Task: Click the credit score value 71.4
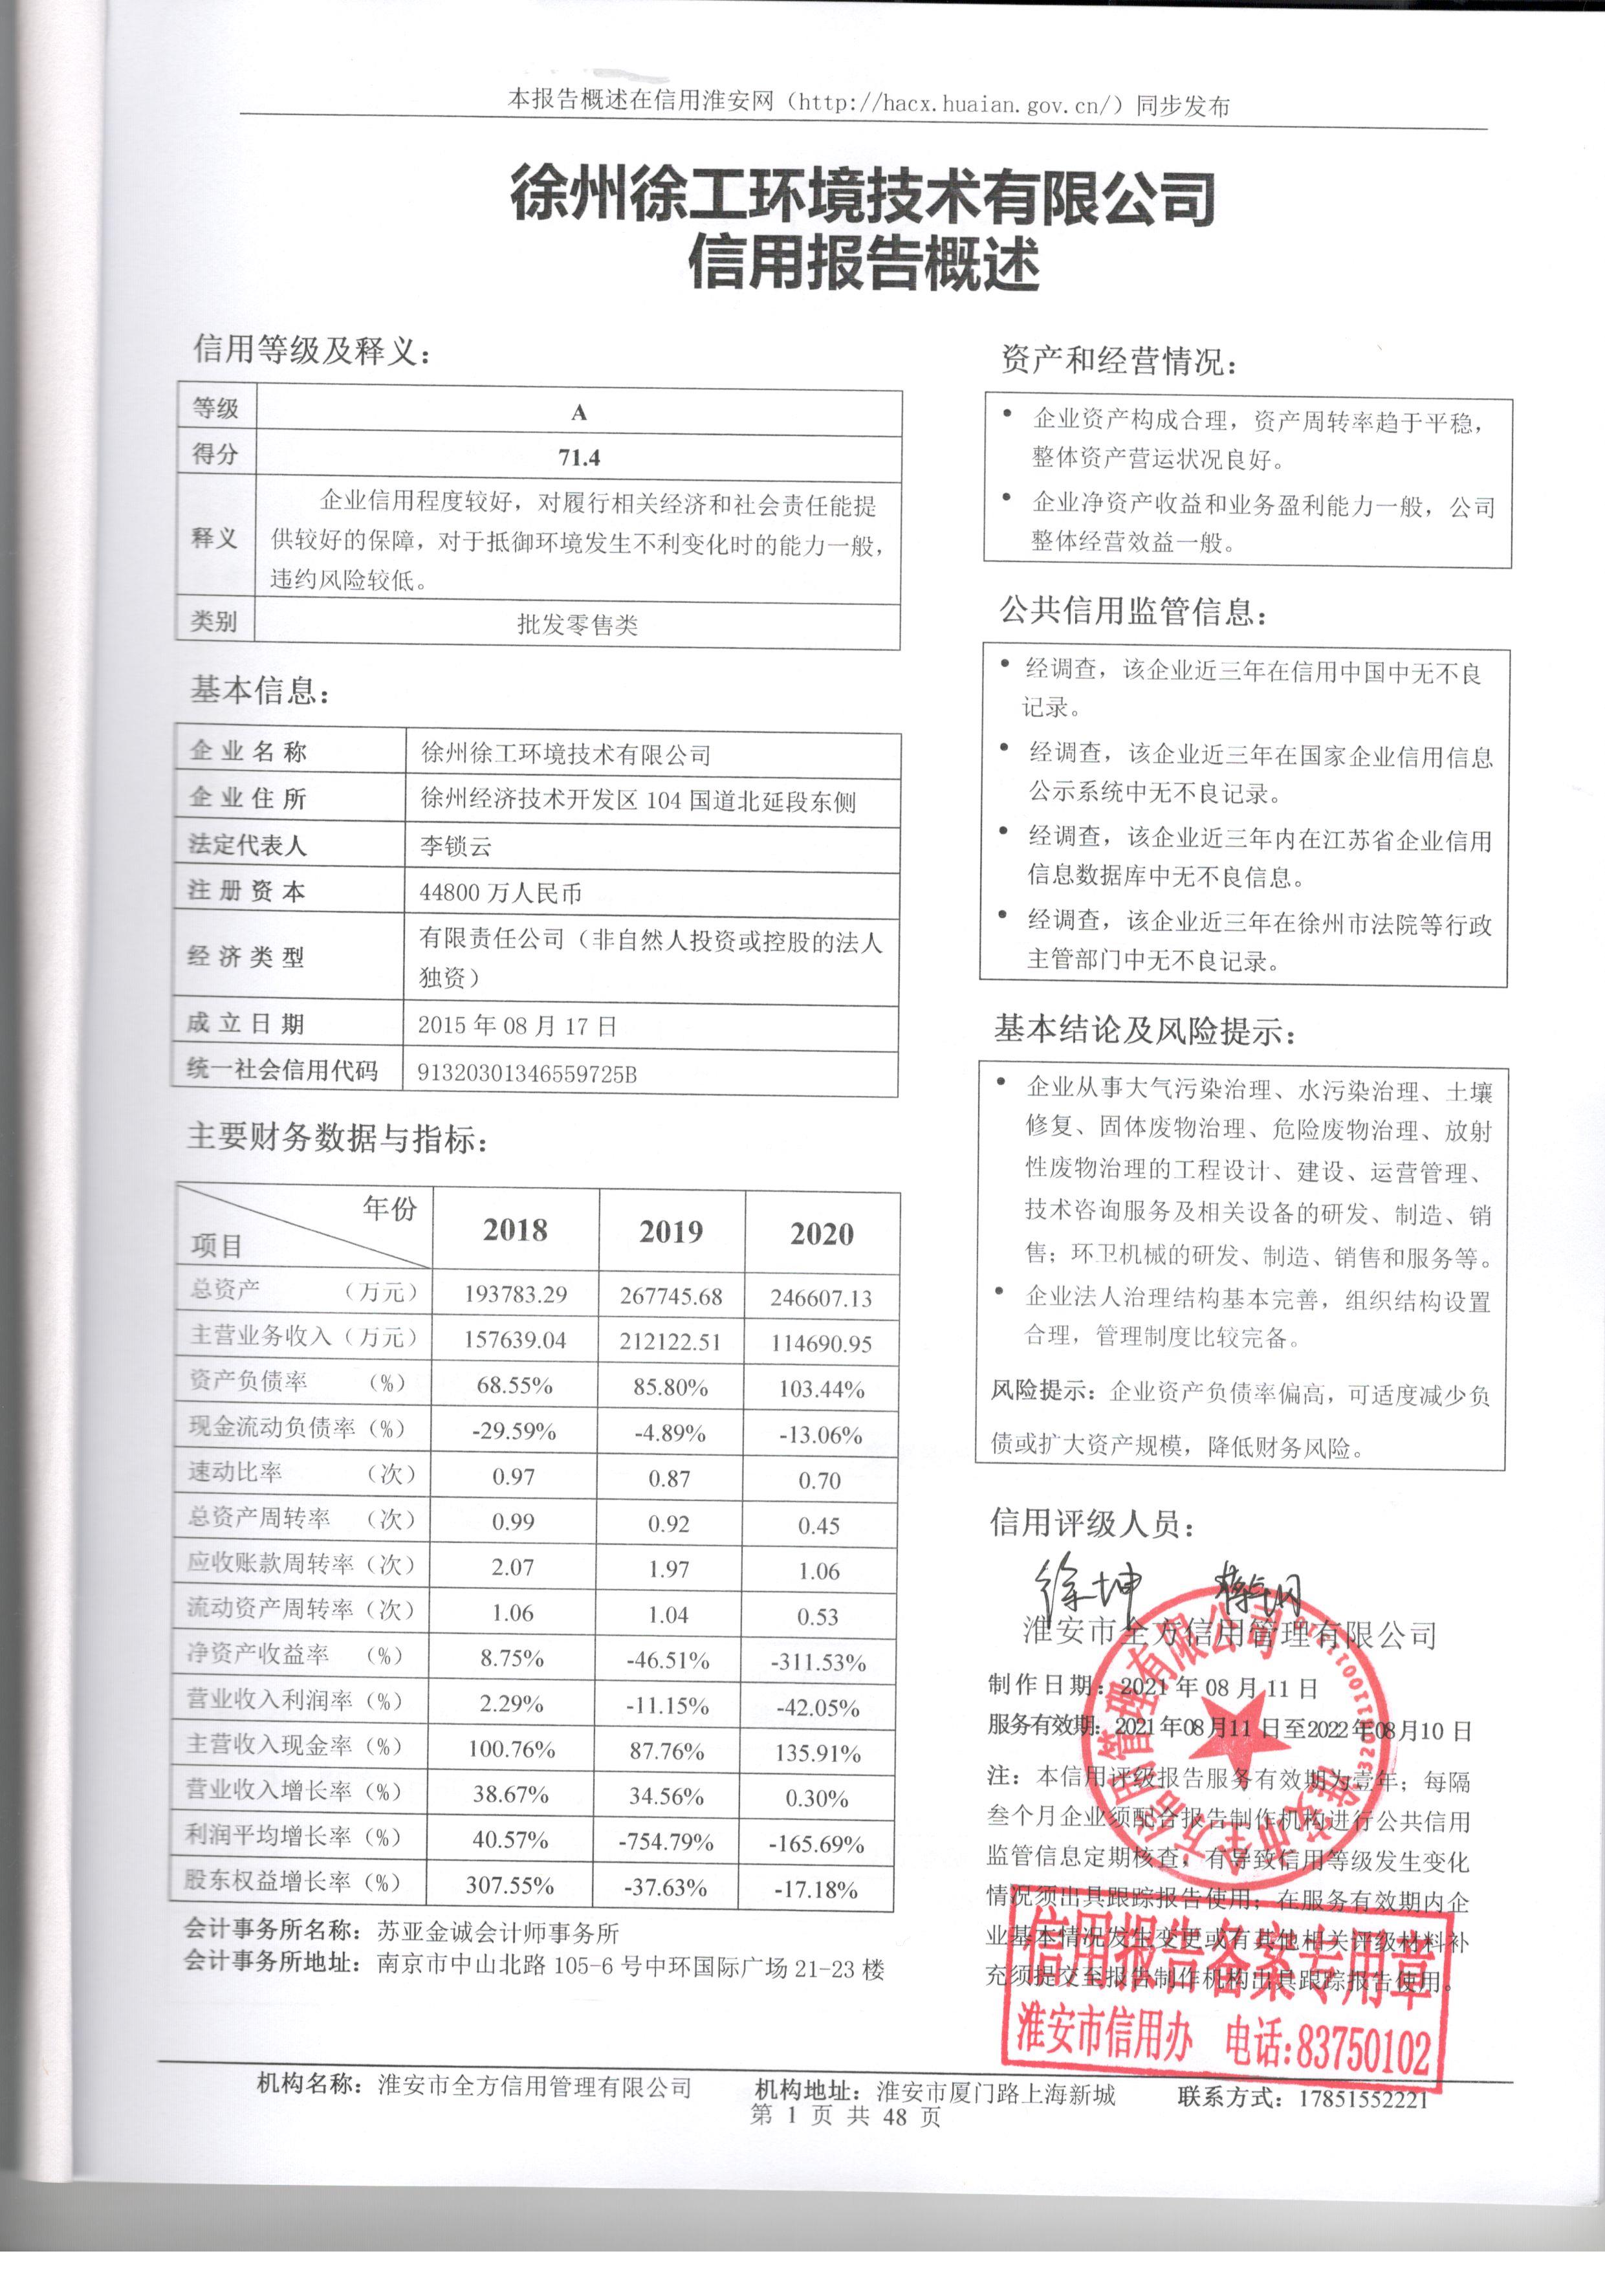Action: click(x=578, y=457)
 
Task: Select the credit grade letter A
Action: click(x=579, y=413)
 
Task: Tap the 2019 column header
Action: click(x=671, y=1231)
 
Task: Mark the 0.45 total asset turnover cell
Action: click(x=818, y=1526)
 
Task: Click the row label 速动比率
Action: click(x=236, y=1473)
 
